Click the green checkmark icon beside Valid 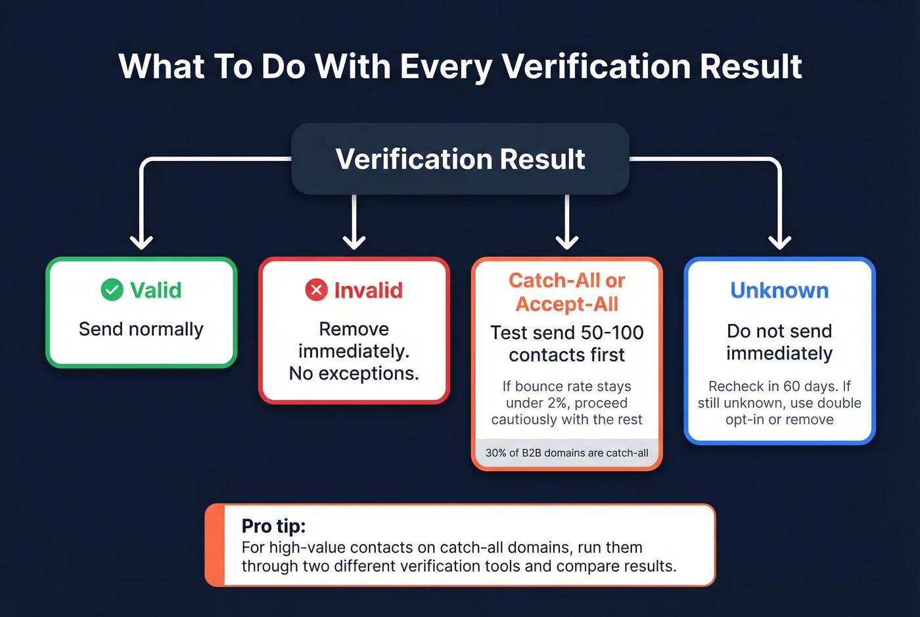pyautogui.click(x=112, y=290)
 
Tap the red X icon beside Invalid pyautogui.click(x=316, y=290)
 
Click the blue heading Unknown pyautogui.click(x=779, y=290)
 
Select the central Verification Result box pyautogui.click(x=460, y=159)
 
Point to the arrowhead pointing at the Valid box pyautogui.click(x=141, y=242)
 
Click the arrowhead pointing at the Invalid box pyautogui.click(x=354, y=242)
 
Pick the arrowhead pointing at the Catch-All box pyautogui.click(x=566, y=242)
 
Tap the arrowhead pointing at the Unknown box pyautogui.click(x=779, y=242)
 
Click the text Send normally pyautogui.click(x=141, y=329)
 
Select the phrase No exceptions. pyautogui.click(x=354, y=374)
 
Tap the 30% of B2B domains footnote pyautogui.click(x=566, y=453)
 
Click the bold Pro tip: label pyautogui.click(x=273, y=526)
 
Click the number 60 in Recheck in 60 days pyautogui.click(x=792, y=386)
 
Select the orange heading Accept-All pyautogui.click(x=566, y=304)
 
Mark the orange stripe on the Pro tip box pyautogui.click(x=215, y=545)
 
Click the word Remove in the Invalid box pyautogui.click(x=354, y=329)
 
